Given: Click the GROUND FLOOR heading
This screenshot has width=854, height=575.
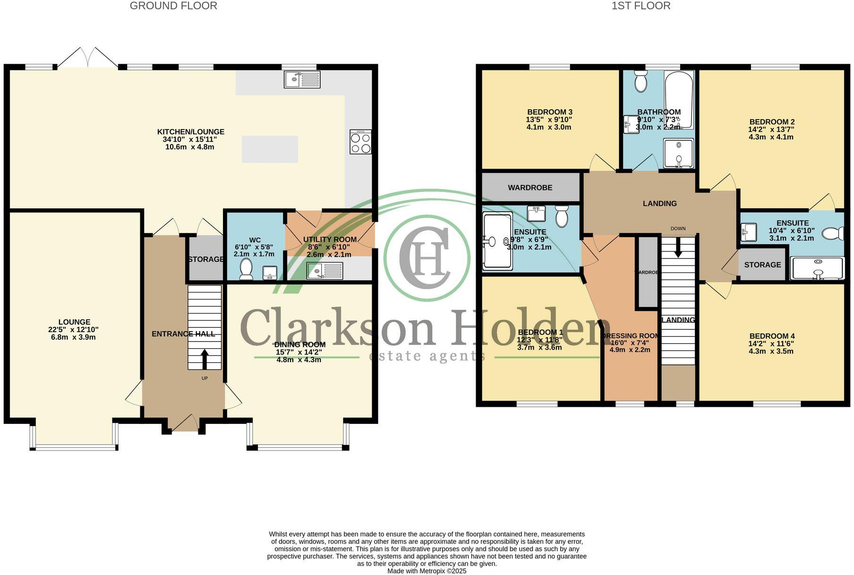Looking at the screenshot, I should [x=173, y=6].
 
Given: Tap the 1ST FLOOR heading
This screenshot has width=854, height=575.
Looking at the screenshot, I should [x=640, y=6].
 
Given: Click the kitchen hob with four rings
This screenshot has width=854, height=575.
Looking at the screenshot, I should [x=360, y=142].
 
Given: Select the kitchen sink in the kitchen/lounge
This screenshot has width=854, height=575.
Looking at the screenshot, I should [x=302, y=79].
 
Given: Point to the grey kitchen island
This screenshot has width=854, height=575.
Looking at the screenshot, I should [x=270, y=149].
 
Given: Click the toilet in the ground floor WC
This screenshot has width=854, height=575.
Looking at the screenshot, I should [x=246, y=270].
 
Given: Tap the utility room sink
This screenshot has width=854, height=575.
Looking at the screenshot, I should [x=325, y=271].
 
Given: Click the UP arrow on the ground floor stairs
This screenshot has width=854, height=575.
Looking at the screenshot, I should [x=205, y=359].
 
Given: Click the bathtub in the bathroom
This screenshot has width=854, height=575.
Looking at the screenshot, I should [x=679, y=99].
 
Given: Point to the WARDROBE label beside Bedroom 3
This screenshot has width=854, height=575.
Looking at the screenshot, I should [x=530, y=188].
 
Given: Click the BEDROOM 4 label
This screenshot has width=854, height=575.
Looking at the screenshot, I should [x=771, y=336].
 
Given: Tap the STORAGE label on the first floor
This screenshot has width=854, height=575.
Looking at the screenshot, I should [x=762, y=265].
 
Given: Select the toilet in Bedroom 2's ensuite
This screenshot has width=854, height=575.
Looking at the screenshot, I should [x=832, y=233].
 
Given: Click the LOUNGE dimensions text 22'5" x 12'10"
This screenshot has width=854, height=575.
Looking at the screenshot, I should [x=73, y=330].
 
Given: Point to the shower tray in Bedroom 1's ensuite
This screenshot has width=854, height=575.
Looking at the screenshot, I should [x=497, y=241].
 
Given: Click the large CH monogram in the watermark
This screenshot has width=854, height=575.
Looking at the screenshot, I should [x=427, y=257].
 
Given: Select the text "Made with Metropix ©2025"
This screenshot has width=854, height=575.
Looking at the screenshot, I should [x=427, y=571].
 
